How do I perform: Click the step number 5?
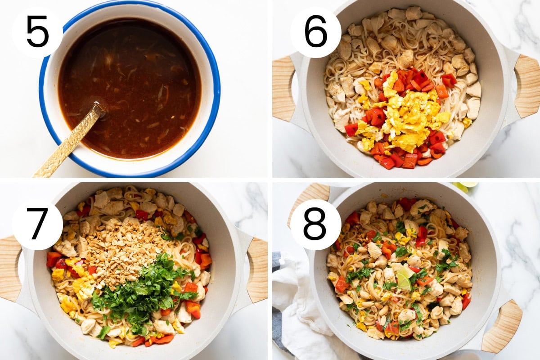(38, 31)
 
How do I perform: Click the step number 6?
(315, 31)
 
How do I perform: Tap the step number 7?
(37, 224)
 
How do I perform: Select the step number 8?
(315, 224)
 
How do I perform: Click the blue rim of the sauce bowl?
(212, 72)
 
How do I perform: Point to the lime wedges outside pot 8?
(465, 186)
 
